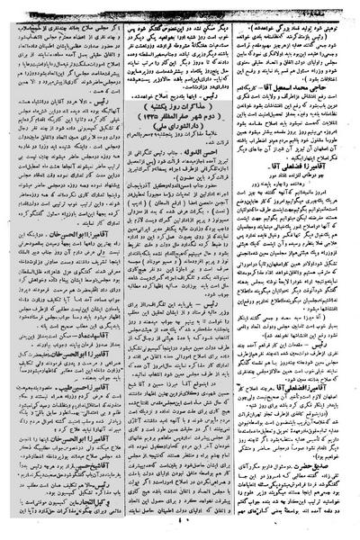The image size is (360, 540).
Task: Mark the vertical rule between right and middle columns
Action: (238, 270)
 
